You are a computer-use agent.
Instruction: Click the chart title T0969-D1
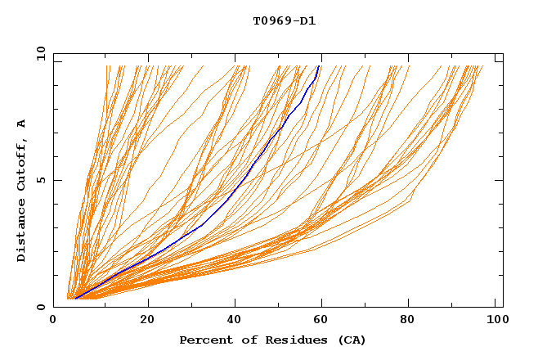(x=284, y=20)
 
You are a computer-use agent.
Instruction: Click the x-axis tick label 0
(x=54, y=322)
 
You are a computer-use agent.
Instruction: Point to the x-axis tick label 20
(x=147, y=322)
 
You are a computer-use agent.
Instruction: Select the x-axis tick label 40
(x=236, y=322)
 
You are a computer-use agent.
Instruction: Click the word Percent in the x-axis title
(x=204, y=340)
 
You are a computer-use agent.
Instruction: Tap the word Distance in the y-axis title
(x=22, y=232)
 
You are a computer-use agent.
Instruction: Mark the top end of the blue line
(x=319, y=65)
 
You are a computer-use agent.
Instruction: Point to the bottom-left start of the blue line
(x=75, y=299)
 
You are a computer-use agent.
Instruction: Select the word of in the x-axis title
(x=247, y=340)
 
